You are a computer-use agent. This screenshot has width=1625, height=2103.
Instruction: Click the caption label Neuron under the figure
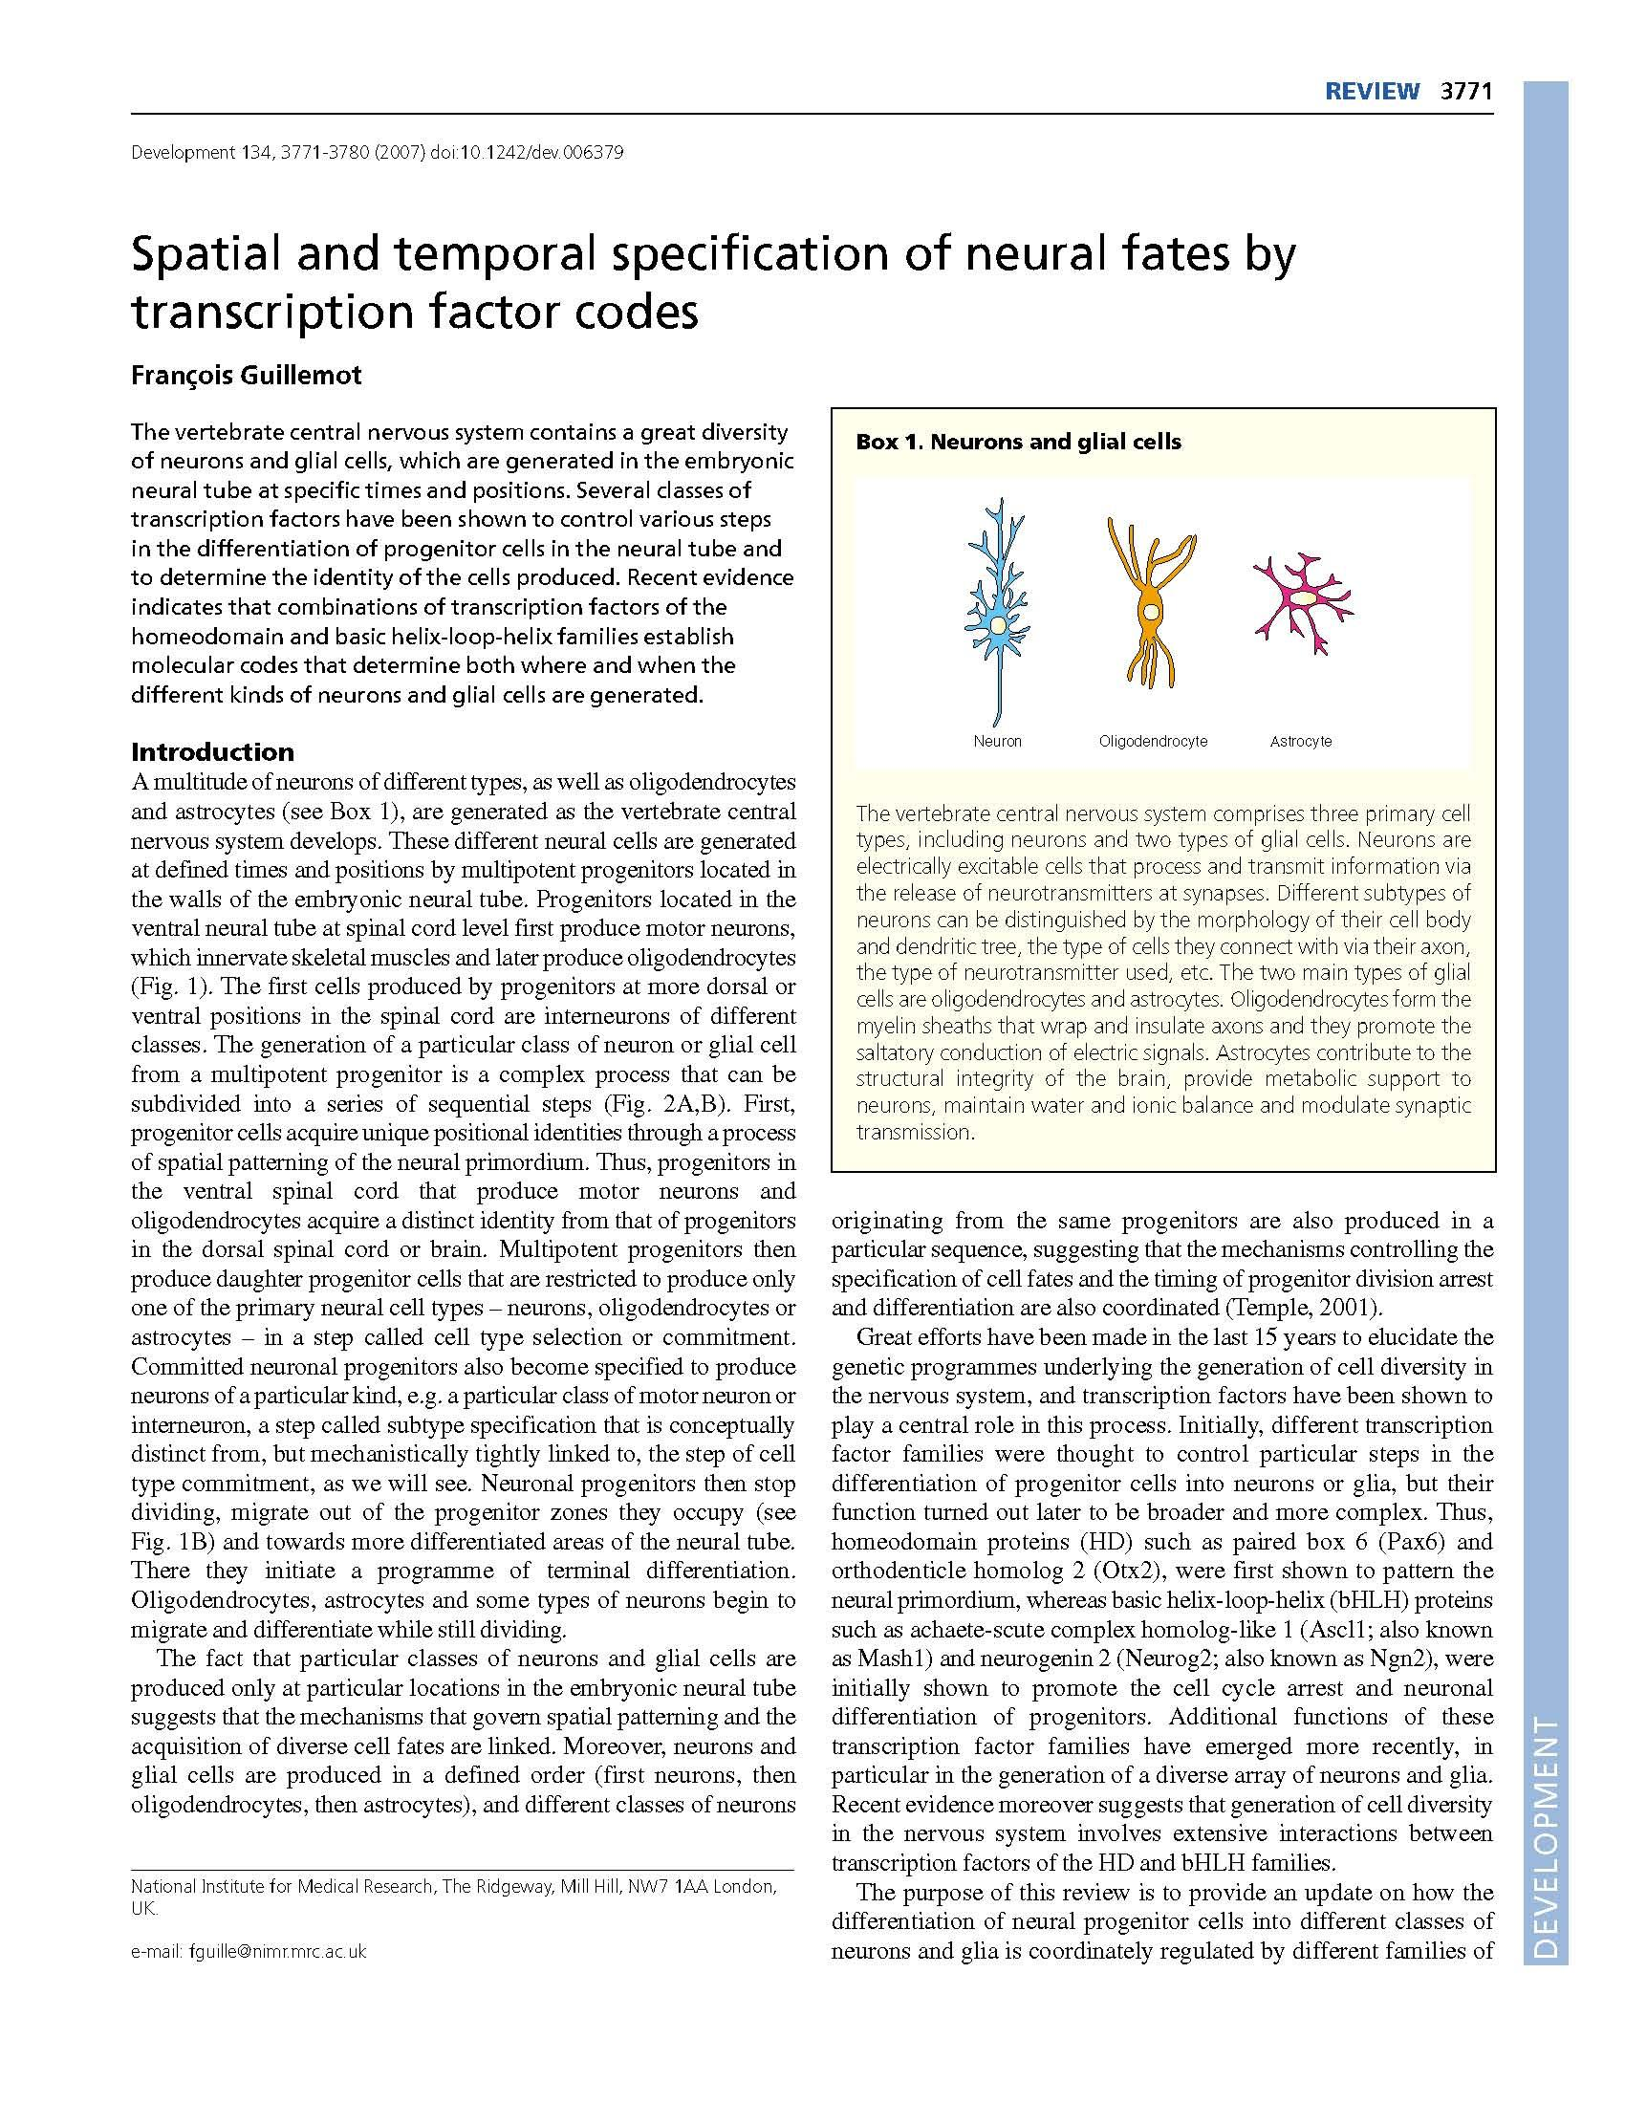pos(997,741)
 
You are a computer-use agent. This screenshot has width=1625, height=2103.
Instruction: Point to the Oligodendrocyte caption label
pos(1153,741)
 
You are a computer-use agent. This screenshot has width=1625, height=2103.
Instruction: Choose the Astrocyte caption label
pos(1301,741)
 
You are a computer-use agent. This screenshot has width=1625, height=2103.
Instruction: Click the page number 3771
pos(1465,92)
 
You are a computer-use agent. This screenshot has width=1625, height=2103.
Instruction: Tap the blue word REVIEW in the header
pos(1372,92)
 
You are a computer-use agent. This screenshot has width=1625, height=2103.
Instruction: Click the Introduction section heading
pos(213,751)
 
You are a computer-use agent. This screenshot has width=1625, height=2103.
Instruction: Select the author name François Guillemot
pos(247,375)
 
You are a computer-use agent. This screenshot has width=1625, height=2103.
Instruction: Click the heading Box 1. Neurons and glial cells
pos(1019,442)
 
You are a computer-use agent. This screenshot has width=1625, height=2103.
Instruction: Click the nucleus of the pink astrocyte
pos(1303,597)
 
